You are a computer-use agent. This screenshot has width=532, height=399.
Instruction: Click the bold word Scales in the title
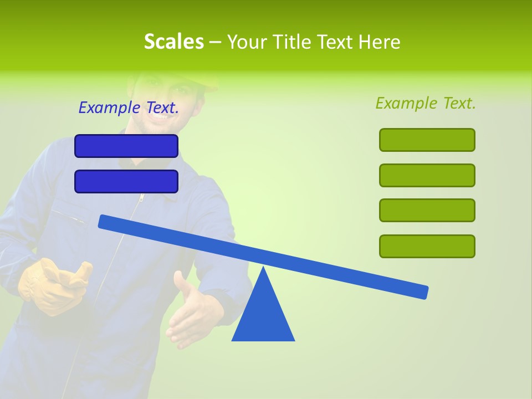173,42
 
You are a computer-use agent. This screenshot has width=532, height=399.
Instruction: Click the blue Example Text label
129,108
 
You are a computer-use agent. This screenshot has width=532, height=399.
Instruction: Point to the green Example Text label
426,103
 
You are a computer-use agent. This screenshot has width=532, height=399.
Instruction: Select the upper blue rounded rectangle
126,146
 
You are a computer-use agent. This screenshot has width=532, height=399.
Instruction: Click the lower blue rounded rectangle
126,181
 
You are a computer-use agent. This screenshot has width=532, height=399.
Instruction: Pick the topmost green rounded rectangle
427,140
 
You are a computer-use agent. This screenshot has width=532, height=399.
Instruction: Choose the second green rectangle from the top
427,175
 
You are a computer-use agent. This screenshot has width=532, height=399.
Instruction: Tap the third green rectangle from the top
427,210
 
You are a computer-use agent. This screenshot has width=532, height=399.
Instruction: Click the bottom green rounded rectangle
427,246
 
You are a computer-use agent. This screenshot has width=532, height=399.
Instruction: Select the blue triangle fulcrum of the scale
263,316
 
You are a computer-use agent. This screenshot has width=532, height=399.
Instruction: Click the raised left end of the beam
105,222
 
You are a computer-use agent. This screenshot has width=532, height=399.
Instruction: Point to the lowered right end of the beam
421,291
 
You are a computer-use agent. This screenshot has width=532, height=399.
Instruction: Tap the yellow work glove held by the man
53,285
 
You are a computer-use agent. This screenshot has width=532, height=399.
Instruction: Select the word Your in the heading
248,42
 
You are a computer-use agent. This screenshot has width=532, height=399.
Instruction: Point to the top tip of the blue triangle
263,268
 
